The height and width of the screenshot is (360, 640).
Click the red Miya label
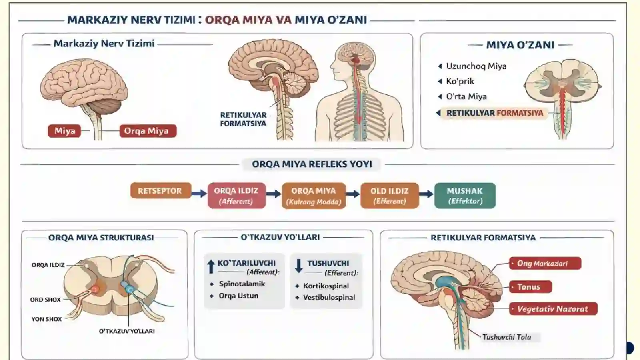[64, 131]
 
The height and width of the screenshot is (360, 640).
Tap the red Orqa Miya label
[148, 131]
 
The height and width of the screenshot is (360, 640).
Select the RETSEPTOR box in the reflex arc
[160, 190]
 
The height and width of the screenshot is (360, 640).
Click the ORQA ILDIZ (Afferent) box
[236, 196]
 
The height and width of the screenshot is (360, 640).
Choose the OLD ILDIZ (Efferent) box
[390, 196]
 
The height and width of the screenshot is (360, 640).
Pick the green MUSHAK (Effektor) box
[465, 196]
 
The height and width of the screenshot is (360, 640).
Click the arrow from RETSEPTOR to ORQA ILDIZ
[199, 194]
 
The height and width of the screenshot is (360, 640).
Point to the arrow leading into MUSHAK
[426, 194]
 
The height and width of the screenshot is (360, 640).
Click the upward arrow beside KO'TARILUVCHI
[211, 266]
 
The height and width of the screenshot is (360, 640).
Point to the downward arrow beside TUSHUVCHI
[298, 266]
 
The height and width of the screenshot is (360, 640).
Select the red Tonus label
[530, 286]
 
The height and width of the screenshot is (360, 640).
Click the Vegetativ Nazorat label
[553, 308]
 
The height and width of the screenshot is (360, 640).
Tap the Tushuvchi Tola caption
[507, 337]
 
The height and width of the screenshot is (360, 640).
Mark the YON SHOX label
[46, 319]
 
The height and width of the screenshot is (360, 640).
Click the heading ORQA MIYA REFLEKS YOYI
[312, 164]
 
